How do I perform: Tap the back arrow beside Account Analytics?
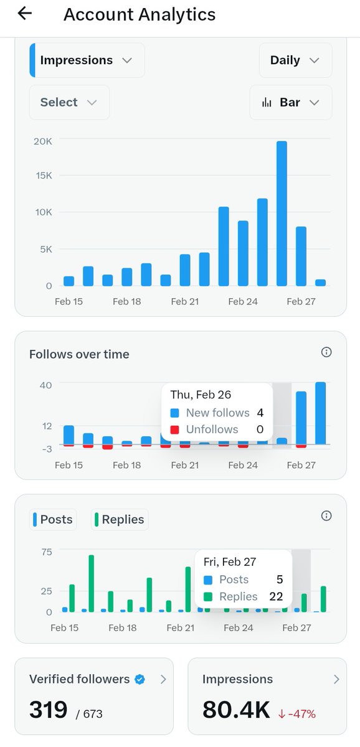tap(24, 14)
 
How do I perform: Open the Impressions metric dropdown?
tap(87, 60)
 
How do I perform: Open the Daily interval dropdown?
tap(295, 60)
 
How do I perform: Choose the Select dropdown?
tap(69, 103)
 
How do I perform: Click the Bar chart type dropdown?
tap(291, 103)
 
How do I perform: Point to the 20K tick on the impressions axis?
tap(43, 141)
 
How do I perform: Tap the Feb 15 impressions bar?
tap(69, 281)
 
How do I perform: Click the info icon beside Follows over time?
tap(326, 352)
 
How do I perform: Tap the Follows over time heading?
tap(79, 354)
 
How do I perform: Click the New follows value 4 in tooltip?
tap(260, 413)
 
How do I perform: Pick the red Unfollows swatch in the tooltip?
tap(175, 430)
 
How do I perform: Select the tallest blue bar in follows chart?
tap(320, 413)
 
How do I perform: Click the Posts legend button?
tap(53, 520)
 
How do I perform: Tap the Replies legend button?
tap(120, 520)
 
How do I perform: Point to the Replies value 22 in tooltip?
tap(275, 596)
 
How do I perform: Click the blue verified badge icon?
tap(140, 679)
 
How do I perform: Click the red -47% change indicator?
tap(298, 712)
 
